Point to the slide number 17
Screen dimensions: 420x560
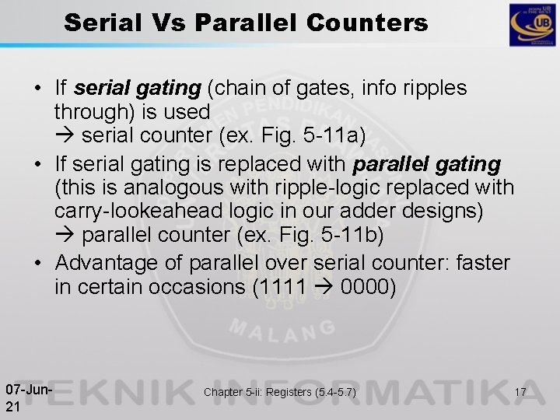click(520, 393)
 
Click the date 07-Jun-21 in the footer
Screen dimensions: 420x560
click(27, 394)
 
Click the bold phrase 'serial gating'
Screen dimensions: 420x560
click(148, 89)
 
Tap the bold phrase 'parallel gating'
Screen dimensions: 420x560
click(427, 166)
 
